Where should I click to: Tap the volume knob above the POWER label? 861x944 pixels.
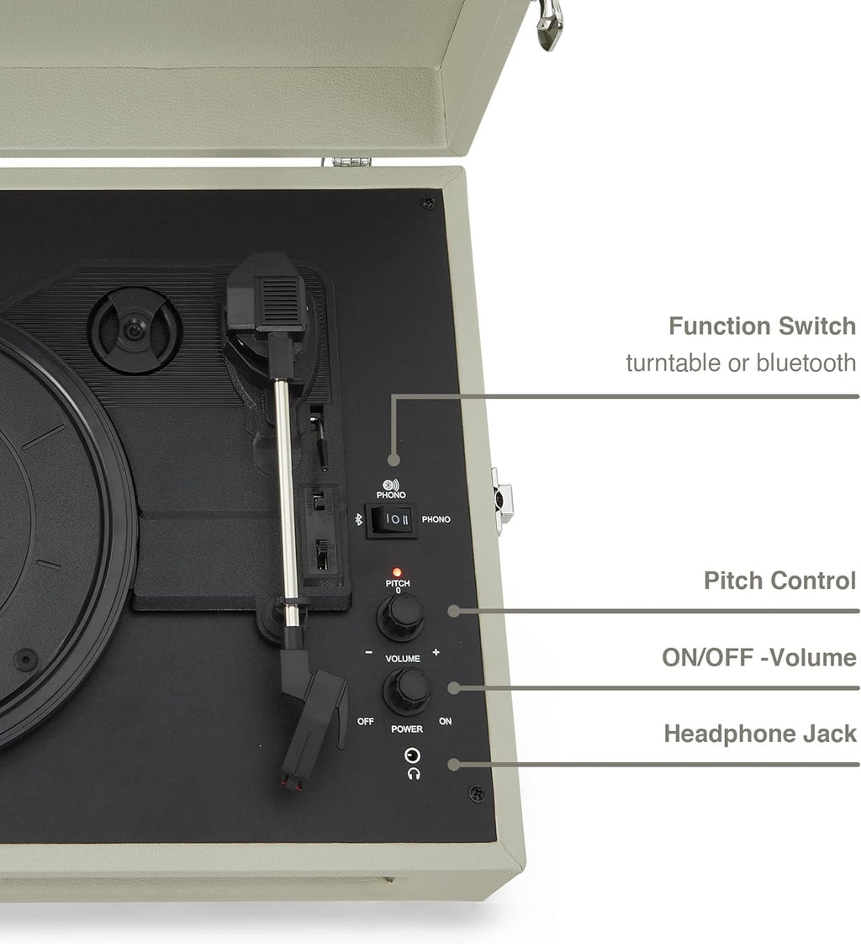pos(407,691)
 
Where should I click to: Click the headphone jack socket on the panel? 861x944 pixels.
pos(411,755)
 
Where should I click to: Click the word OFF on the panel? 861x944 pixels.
pos(365,722)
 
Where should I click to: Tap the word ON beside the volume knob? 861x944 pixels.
pos(445,722)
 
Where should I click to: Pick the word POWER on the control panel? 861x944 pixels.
pos(407,729)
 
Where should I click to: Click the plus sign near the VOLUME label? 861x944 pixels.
pos(436,652)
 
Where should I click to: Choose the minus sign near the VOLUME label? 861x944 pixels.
pos(368,652)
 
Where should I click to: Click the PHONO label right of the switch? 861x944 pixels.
pos(436,520)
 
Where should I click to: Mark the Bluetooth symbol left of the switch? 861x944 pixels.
pos(357,520)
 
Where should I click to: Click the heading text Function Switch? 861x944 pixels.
pos(762,326)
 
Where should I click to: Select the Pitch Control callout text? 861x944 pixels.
pos(779,581)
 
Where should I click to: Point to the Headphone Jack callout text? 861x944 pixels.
pos(760,734)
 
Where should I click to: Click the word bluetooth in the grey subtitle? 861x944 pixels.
pos(806,363)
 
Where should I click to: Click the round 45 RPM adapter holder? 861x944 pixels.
pos(135,330)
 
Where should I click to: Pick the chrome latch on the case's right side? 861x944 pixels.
pos(503,500)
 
